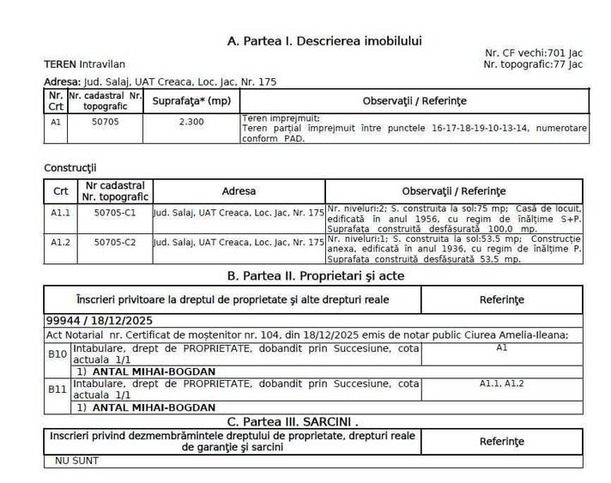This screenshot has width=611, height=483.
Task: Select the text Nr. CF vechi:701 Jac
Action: point(534,53)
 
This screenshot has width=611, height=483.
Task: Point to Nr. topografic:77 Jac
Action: point(533,64)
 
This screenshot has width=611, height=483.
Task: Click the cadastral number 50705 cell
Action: point(105,122)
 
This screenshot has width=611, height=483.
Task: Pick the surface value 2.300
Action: point(191,122)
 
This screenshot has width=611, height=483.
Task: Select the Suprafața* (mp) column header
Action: point(191,101)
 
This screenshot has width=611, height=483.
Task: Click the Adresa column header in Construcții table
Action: point(239,190)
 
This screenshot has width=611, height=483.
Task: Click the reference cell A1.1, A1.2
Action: point(501,383)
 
